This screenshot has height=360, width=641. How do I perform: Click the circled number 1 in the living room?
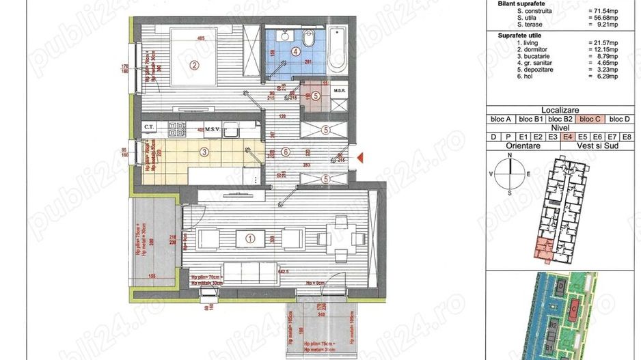pos(249,238)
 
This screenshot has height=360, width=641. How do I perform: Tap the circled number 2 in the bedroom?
pos(194,66)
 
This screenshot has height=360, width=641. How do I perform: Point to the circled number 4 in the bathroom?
pos(295,51)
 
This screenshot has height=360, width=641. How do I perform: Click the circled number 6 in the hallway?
pos(286,152)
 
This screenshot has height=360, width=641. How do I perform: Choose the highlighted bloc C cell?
pos(590,119)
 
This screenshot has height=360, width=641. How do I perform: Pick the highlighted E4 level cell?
pos(567,137)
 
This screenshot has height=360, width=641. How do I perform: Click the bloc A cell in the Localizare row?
pos(500,119)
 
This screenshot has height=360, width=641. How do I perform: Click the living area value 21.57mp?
pos(602,42)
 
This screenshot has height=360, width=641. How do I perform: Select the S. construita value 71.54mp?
pos(601,12)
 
